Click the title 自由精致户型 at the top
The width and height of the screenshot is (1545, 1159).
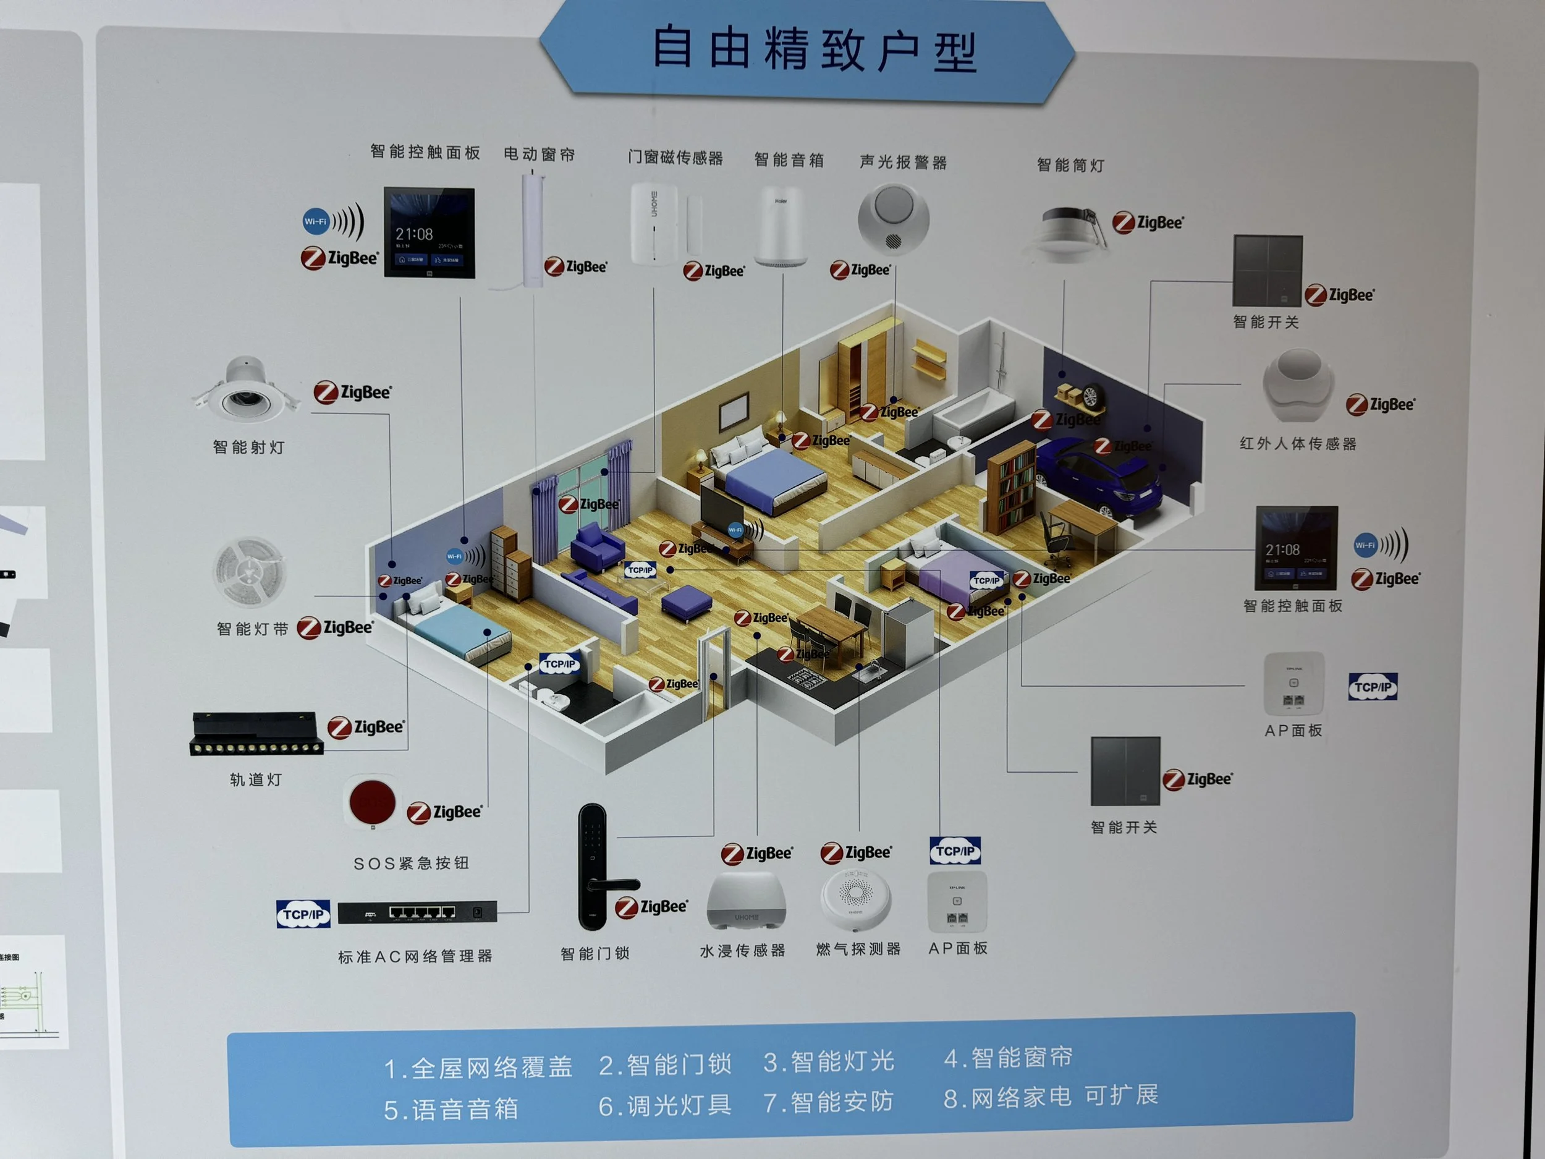pos(814,49)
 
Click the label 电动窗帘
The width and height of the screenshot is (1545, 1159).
pos(540,154)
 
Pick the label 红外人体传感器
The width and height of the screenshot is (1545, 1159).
pos(1298,444)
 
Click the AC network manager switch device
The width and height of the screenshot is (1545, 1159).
pos(417,912)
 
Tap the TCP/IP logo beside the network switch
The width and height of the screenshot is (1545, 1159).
pos(303,914)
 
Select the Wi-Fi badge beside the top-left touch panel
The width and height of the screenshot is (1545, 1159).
pos(315,221)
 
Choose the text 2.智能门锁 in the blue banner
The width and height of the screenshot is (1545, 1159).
pos(665,1064)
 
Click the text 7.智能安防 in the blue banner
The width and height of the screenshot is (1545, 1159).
pos(828,1102)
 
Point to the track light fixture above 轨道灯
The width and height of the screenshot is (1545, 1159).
pos(256,734)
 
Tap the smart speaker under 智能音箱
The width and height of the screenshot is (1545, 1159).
pos(781,226)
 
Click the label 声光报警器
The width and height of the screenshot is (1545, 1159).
pos(903,162)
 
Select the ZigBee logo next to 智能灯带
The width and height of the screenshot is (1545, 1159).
pos(336,627)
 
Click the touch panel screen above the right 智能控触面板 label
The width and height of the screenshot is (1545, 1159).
pos(1297,548)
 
